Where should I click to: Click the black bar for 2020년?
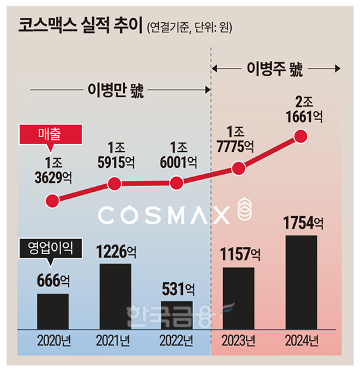pos(53,311)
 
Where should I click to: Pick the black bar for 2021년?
pos(115,297)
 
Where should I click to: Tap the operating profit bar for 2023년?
pos(239,299)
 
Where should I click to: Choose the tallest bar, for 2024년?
pos(301,283)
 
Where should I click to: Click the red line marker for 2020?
pos(53,201)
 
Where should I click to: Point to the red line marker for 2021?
pos(115,184)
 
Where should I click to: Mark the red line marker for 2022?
pos(177,184)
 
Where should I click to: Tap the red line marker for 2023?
pos(239,168)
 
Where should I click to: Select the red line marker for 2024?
pos(301,136)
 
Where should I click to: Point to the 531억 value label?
pos(177,290)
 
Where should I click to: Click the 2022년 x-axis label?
pos(176,342)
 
